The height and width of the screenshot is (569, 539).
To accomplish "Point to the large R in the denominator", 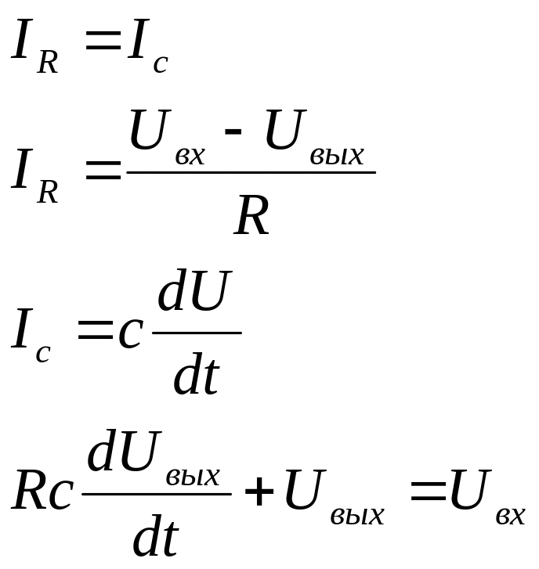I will point(252,217).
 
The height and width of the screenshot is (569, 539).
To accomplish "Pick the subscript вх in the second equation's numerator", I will point(190,156).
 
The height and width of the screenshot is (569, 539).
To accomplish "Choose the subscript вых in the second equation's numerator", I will point(337,156).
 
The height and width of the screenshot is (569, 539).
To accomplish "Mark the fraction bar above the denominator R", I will point(251,172).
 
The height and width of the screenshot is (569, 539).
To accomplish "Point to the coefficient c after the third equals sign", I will point(129,333).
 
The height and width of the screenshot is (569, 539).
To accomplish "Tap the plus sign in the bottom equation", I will point(259,494).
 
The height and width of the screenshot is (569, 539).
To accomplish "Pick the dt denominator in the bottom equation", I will point(156,538).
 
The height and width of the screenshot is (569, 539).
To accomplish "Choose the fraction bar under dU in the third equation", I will point(196,333).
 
